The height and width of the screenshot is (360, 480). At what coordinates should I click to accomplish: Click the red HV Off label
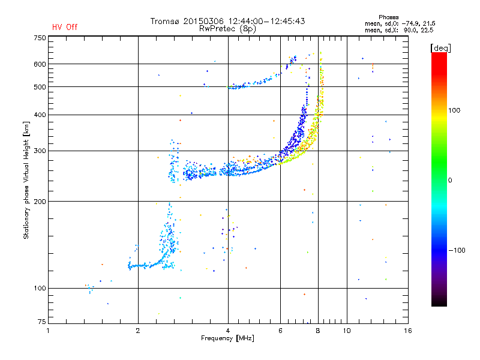point(65,27)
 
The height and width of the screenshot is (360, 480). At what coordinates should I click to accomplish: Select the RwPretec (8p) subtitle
point(227,29)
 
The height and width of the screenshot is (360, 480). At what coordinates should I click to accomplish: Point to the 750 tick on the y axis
point(40,38)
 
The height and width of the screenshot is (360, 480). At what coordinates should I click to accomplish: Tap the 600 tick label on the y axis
point(40,64)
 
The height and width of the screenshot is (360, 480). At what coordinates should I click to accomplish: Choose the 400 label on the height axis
point(40,115)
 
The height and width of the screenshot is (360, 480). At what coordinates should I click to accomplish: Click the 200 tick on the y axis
point(40,202)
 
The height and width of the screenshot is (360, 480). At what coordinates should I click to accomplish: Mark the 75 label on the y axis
point(42,322)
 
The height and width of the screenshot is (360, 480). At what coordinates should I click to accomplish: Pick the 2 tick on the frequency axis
point(138,331)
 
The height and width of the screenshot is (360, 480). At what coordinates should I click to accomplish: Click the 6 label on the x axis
point(280,331)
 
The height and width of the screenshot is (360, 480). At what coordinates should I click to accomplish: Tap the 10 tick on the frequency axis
point(347,331)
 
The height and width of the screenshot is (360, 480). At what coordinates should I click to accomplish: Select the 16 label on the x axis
point(408,331)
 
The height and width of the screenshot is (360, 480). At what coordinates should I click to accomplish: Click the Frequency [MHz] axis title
point(227,338)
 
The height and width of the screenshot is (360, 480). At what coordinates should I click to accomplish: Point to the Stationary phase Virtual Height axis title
point(26,180)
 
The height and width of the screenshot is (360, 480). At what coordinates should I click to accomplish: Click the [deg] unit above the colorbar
point(440,48)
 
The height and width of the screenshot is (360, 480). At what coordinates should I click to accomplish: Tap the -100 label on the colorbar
point(457,250)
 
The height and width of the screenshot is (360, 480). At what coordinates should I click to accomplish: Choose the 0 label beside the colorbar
point(449,180)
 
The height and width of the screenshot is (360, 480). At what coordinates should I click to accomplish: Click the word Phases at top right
point(388,17)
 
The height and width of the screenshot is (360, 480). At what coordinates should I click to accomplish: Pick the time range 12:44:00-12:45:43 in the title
point(266,21)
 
